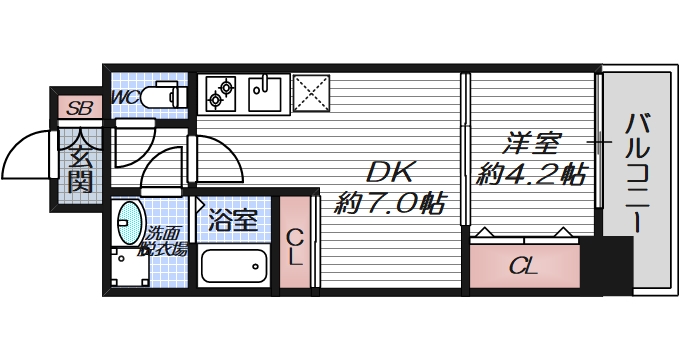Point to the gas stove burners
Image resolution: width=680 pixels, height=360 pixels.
point(220,95)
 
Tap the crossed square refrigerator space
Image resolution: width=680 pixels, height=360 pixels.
point(313,93)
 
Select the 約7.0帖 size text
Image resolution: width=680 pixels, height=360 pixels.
point(389,205)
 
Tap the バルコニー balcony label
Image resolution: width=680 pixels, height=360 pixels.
point(636,176)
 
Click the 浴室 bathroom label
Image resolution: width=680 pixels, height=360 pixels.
point(234,221)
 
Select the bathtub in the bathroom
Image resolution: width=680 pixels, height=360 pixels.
point(235,266)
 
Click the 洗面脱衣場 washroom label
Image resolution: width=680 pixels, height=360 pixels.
point(164,241)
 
